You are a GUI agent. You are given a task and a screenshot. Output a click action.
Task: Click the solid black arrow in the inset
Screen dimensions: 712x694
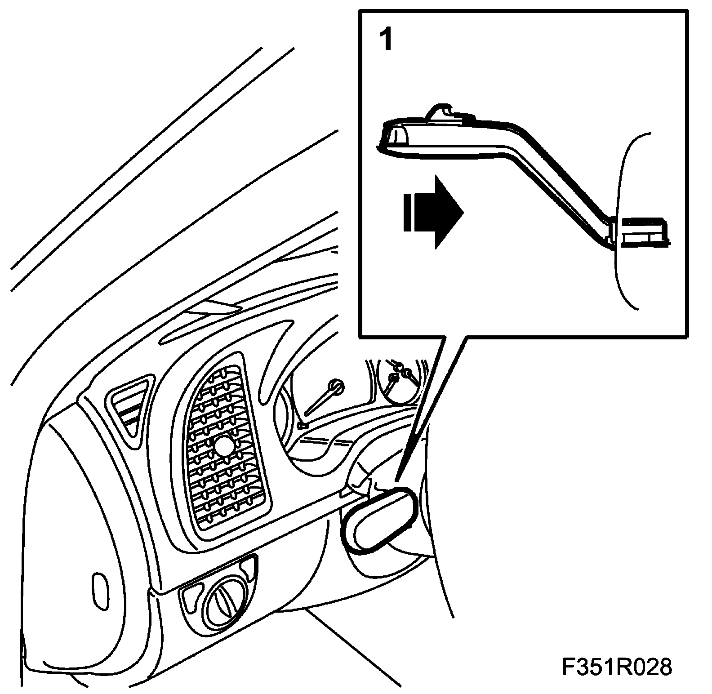click(x=434, y=212)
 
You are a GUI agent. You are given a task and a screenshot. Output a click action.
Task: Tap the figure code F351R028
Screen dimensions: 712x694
click(x=617, y=667)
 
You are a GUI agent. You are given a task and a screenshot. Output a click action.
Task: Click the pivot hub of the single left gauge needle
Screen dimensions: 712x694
click(x=335, y=386)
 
